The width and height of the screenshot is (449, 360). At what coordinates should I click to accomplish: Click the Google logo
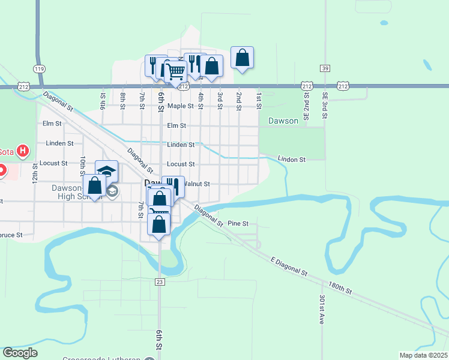point(20,353)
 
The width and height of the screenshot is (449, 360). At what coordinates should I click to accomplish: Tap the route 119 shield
point(40,69)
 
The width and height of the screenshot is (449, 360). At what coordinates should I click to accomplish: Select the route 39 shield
point(325,68)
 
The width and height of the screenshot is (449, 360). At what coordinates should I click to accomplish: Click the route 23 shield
point(160,281)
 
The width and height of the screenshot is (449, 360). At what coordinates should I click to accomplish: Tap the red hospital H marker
point(23,151)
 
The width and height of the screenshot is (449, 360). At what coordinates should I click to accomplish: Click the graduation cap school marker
point(106,172)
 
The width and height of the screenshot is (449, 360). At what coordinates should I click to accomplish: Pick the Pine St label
point(238,223)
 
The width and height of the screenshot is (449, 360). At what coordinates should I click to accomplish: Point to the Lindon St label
point(292,160)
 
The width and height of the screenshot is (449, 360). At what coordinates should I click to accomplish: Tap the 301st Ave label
point(321,310)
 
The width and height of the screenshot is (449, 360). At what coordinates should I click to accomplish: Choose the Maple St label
point(181,106)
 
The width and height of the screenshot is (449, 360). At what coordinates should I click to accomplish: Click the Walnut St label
point(195,184)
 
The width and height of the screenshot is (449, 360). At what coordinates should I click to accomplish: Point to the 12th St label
point(35,173)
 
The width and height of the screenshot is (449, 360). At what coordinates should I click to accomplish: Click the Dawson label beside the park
point(283,121)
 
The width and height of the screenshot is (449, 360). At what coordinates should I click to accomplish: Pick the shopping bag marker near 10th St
point(94,186)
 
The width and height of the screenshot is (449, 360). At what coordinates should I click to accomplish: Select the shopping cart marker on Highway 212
point(175,72)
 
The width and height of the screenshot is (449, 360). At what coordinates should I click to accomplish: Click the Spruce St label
point(11,235)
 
